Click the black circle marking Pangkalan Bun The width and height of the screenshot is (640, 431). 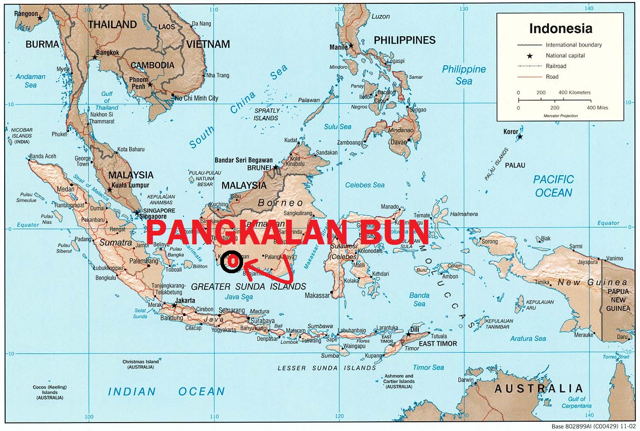(231, 262)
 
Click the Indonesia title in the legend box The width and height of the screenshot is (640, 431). (561, 28)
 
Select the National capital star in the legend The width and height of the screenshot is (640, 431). (529, 56)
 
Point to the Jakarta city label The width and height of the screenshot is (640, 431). (185, 300)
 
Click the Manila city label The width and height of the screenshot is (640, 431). (338, 47)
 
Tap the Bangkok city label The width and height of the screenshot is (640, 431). (108, 53)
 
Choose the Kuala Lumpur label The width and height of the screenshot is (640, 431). (131, 185)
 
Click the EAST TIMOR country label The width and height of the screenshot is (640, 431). (438, 343)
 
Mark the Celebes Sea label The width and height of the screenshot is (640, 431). (365, 185)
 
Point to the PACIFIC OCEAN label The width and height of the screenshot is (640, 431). (553, 186)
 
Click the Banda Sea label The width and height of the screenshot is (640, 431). (419, 299)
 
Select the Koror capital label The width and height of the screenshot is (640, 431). (510, 132)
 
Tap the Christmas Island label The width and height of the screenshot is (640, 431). (140, 362)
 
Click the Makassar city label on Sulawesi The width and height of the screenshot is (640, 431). (317, 296)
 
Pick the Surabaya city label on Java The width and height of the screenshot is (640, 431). (263, 321)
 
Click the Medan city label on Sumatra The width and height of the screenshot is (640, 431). (65, 189)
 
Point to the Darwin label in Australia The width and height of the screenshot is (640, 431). (466, 380)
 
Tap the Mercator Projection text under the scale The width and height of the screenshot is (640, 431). (561, 115)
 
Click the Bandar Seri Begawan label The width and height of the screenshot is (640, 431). (244, 160)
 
